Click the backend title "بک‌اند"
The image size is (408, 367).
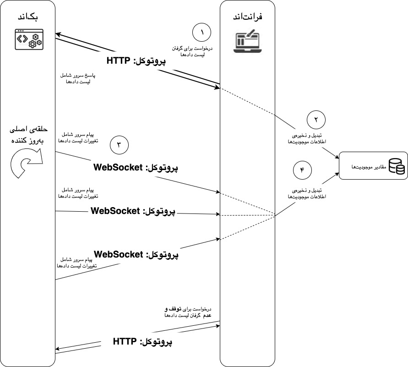pos(27,17)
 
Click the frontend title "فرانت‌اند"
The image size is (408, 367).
pos(247,17)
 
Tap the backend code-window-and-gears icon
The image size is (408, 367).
pos(27,39)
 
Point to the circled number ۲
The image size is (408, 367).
pos(316,120)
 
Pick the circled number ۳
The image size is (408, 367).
pos(119,146)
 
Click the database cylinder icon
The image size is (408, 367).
pos(396,166)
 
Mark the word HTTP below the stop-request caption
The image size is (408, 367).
pos(125,341)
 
